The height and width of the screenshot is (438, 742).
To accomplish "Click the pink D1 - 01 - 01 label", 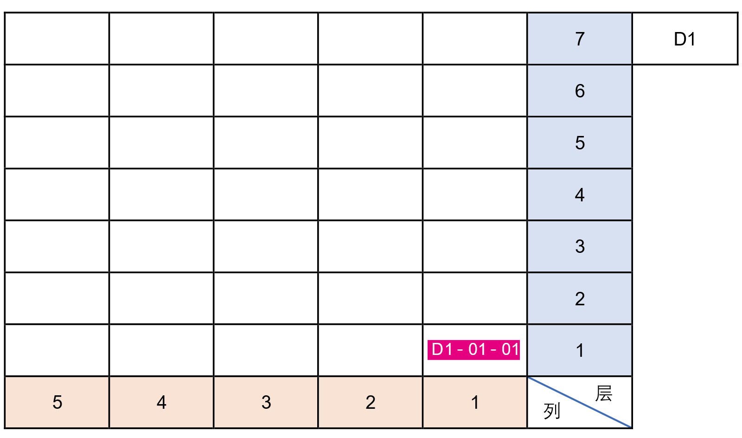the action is (x=473, y=349).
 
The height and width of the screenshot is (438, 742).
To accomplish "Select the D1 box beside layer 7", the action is (x=684, y=39).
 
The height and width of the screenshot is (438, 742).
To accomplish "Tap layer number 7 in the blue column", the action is (x=580, y=39).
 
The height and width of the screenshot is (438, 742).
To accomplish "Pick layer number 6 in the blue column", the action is (x=580, y=91).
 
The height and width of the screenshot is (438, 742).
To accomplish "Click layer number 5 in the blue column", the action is (x=580, y=143).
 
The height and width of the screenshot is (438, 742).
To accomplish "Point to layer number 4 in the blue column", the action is (x=580, y=195).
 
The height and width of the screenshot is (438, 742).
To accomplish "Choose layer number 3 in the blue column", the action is (x=580, y=246).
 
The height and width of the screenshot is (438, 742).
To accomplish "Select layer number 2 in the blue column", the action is (x=580, y=298).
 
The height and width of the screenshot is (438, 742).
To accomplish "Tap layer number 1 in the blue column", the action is (x=580, y=350).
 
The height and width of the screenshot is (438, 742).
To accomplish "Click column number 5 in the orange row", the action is (x=57, y=402).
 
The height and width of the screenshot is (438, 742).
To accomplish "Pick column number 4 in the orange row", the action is (x=161, y=402).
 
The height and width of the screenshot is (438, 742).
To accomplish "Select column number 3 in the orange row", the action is (x=266, y=402).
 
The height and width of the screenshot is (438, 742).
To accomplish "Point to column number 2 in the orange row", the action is (x=371, y=402).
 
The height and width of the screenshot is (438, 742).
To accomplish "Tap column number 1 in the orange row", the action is (x=475, y=402).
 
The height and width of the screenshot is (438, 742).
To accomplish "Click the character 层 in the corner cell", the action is (x=603, y=393).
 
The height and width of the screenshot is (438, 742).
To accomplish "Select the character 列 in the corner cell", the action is (x=552, y=411).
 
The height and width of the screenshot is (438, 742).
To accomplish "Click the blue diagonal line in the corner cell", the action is (x=580, y=402).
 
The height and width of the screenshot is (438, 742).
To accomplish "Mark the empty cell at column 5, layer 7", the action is (x=57, y=39).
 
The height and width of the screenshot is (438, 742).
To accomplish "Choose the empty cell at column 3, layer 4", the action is (x=266, y=195).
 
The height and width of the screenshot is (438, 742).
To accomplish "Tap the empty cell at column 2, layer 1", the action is (x=371, y=350).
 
